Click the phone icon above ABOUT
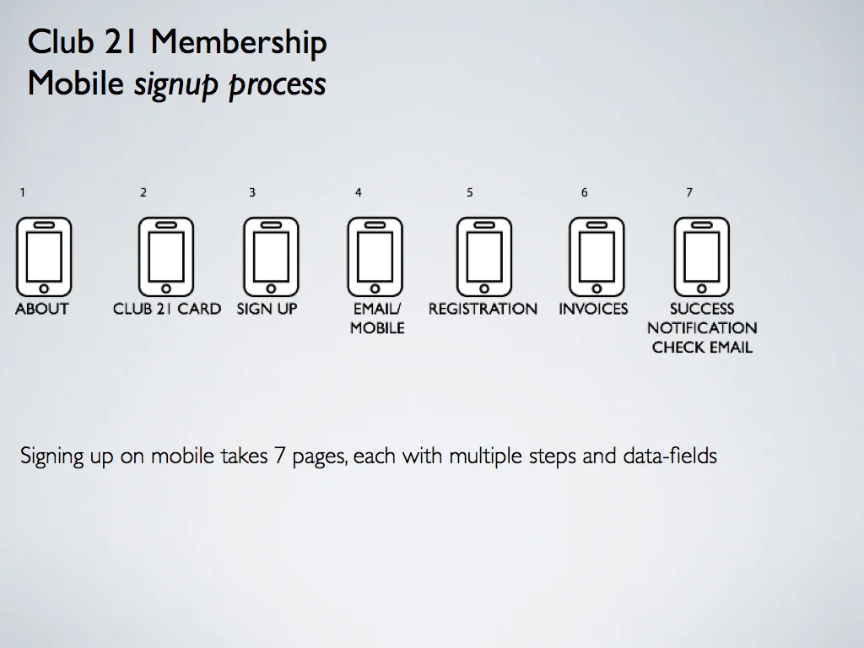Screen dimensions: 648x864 tap(44, 256)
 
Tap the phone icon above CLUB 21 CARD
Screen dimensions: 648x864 tap(166, 256)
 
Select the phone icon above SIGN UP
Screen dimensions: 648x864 tap(271, 256)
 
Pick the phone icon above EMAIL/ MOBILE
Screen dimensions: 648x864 tap(375, 256)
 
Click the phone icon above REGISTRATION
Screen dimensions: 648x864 tap(484, 256)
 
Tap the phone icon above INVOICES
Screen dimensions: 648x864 tap(597, 256)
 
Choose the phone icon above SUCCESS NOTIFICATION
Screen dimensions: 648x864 tap(701, 256)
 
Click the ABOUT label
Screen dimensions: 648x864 tap(42, 309)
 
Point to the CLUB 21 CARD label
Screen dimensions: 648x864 tap(167, 309)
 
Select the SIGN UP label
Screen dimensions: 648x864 tap(267, 309)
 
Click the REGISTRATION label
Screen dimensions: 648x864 tap(483, 309)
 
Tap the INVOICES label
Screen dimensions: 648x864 tap(593, 309)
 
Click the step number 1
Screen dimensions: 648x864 tap(23, 192)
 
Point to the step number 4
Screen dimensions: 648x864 tap(359, 192)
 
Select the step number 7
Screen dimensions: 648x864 tap(689, 192)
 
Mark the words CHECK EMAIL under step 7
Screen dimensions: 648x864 tap(702, 348)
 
